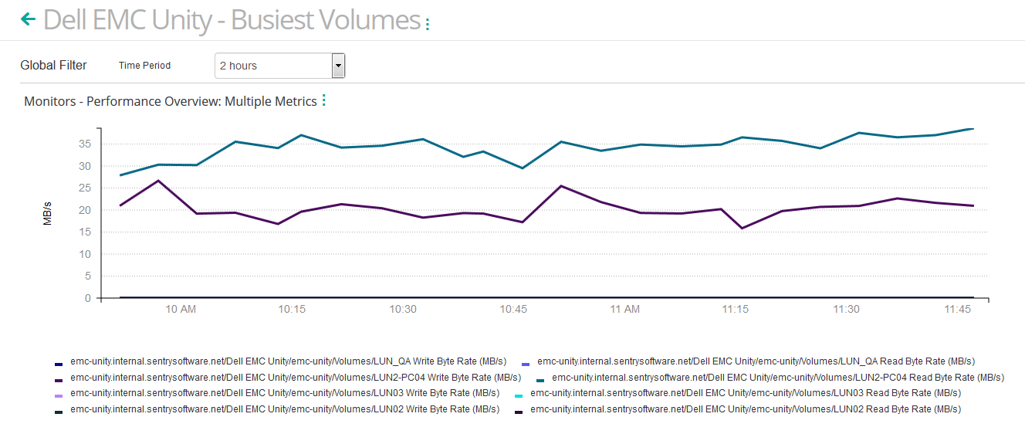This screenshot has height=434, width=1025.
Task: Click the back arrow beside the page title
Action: (29, 19)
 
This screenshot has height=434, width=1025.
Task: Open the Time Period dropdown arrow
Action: (338, 66)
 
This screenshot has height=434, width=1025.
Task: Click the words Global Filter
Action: (53, 66)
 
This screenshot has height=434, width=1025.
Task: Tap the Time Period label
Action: (144, 66)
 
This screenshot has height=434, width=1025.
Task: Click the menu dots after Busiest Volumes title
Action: (428, 25)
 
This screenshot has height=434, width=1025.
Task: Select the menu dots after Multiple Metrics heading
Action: (324, 100)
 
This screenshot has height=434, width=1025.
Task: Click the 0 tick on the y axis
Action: (88, 298)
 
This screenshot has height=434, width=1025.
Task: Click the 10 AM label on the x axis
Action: (181, 310)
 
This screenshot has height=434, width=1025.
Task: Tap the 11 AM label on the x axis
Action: (624, 310)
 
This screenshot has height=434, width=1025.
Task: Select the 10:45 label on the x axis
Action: (513, 310)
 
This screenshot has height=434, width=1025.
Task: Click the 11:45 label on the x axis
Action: (957, 310)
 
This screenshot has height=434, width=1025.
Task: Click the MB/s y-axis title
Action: (48, 213)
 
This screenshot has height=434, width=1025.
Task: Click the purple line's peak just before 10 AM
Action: (158, 181)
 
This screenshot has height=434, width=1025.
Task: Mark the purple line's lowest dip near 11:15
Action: (743, 228)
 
